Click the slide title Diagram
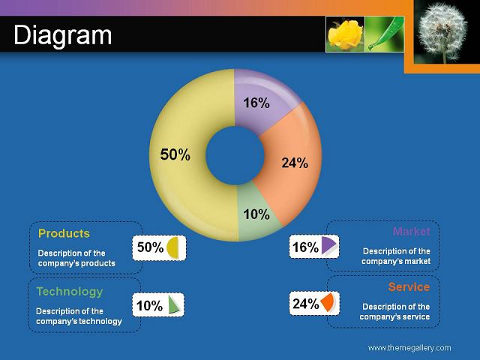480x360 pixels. point(63,35)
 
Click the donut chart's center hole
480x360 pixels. point(235,155)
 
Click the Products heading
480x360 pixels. point(64,233)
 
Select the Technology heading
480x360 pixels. point(70,292)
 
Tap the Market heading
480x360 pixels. point(412,231)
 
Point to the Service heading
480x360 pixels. point(409,286)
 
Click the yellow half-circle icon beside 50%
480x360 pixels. point(172,247)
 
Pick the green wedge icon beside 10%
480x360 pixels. point(173,304)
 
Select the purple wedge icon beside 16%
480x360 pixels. point(328,245)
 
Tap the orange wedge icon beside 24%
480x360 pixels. point(327,303)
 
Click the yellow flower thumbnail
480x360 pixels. point(345,34)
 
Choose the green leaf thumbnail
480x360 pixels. point(385,34)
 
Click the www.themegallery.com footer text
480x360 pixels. point(409,348)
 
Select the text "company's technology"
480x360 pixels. point(79,322)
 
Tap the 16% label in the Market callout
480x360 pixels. point(305,247)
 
